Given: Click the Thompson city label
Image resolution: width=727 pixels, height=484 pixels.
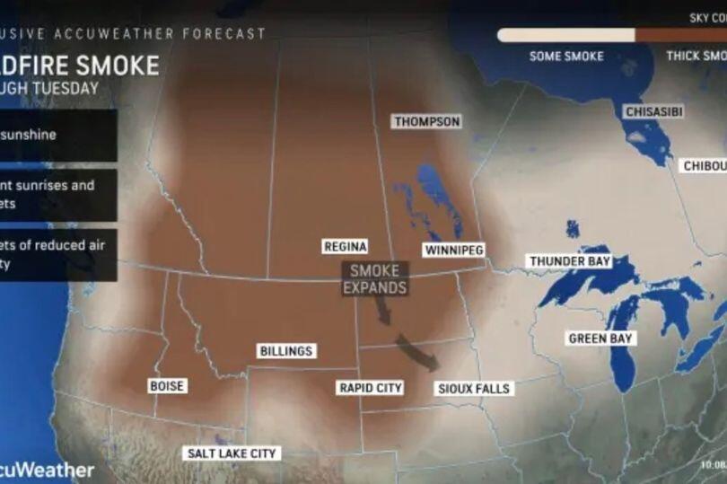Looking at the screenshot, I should [x=427, y=121].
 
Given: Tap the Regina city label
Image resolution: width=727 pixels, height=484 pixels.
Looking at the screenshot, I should [x=344, y=246].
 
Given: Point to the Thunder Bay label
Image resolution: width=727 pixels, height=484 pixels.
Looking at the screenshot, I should [x=569, y=261].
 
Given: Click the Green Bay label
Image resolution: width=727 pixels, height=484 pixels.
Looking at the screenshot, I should [x=601, y=339].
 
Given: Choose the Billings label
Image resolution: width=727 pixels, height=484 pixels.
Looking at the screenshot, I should [x=285, y=350].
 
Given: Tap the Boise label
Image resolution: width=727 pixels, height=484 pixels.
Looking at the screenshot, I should [x=167, y=386].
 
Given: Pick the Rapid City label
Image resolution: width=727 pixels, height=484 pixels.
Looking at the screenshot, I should [x=370, y=388].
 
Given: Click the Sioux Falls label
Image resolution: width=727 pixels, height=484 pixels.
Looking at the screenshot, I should [x=473, y=389].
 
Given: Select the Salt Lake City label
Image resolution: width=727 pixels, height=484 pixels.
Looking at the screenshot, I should [x=231, y=453].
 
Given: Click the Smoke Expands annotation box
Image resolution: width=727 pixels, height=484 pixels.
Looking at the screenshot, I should [x=375, y=278].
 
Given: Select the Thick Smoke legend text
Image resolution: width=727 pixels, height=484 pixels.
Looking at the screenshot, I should [x=696, y=56].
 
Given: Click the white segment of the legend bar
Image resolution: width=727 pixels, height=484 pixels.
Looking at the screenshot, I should [x=565, y=35].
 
